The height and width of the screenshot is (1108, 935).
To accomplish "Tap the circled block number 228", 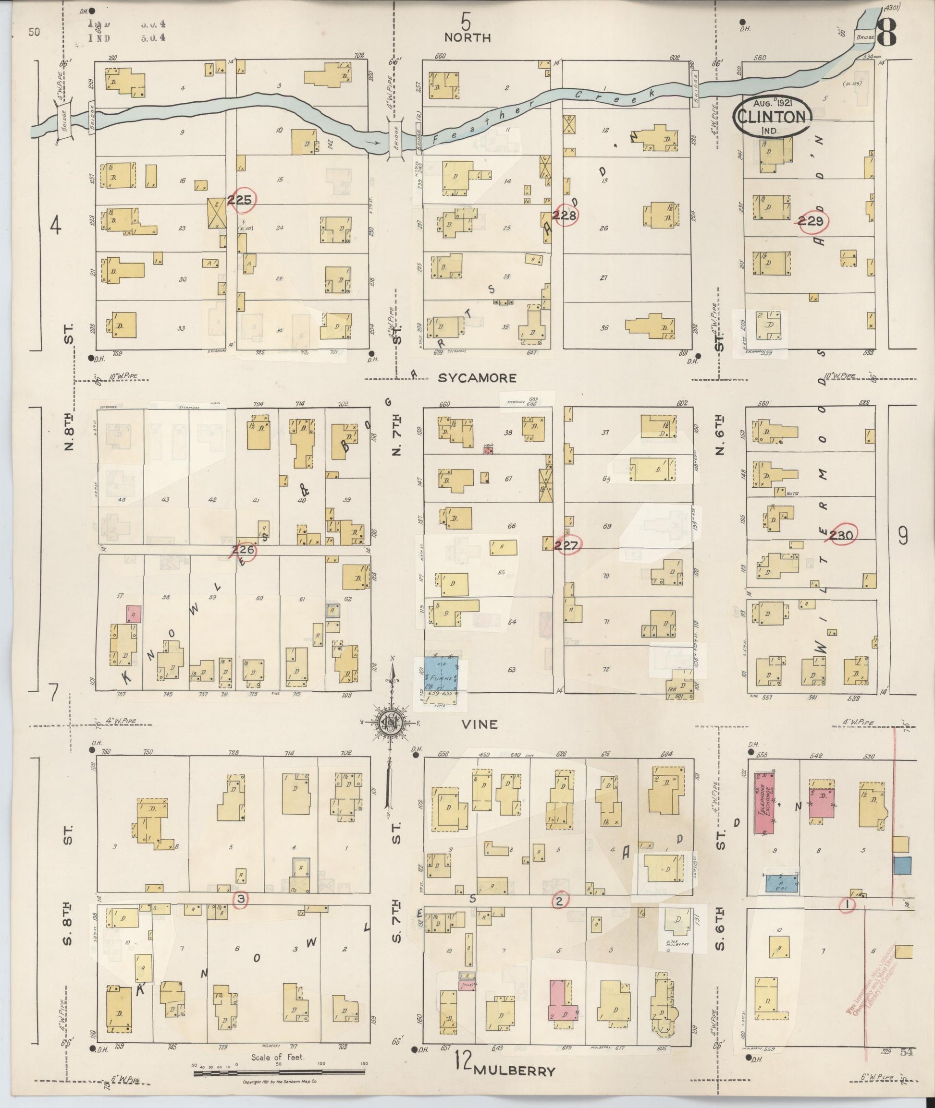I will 565,215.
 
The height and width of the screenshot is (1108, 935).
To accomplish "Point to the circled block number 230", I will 841,535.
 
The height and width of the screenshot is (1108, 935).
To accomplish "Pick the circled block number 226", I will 243,550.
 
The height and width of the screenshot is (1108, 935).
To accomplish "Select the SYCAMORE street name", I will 477,378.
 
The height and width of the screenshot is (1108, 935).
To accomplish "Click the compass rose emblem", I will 390,723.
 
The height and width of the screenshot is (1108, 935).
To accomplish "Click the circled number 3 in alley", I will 241,899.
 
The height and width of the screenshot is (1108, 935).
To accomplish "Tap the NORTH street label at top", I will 467,37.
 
